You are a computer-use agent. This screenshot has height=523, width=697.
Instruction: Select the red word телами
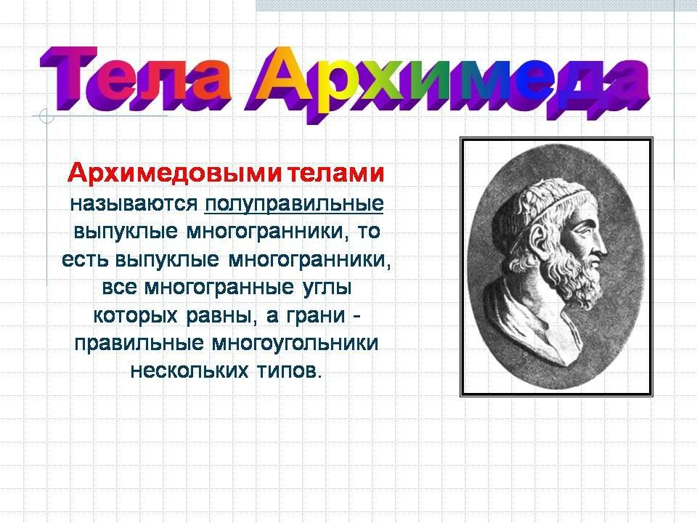(335, 173)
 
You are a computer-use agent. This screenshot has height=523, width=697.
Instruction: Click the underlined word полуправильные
(294, 203)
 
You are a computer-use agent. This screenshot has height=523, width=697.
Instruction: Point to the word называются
(134, 204)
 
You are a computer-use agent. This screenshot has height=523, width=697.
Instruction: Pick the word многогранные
(219, 288)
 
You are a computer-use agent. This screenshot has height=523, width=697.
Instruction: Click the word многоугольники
(295, 344)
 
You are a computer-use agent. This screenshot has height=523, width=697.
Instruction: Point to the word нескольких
(189, 370)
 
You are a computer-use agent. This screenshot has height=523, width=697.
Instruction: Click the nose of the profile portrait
(600, 243)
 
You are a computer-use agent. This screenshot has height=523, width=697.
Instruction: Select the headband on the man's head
(553, 203)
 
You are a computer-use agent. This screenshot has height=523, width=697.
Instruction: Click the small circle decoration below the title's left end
(46, 115)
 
